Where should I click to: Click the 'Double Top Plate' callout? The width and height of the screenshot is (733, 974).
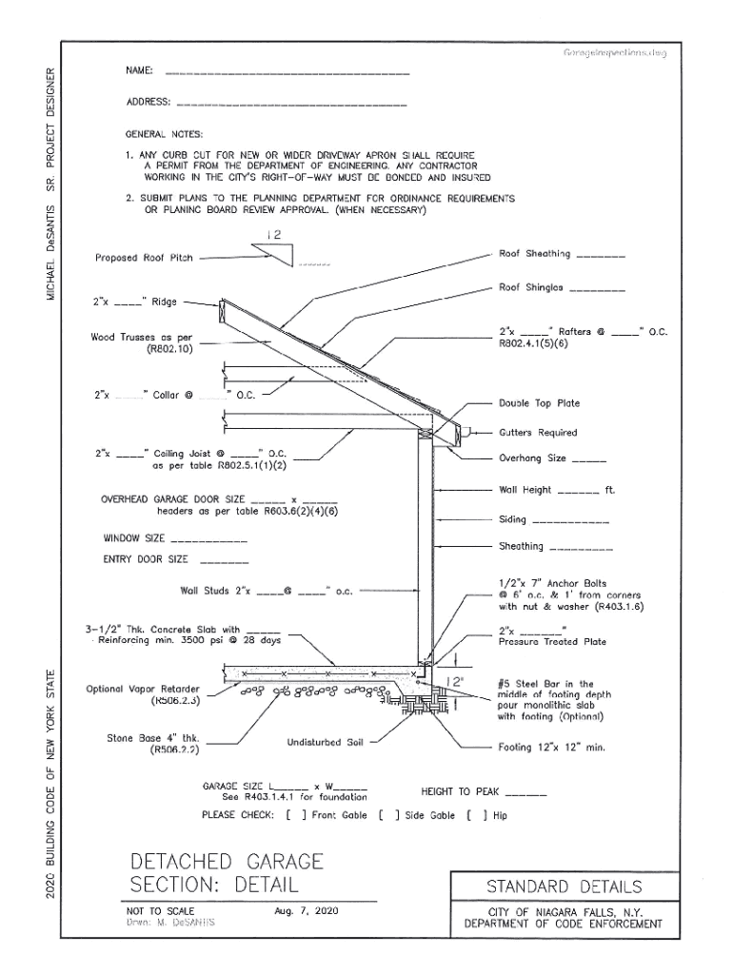click(539, 403)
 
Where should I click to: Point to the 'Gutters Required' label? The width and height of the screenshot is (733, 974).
click(538, 433)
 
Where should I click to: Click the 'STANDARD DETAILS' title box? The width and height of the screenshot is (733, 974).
click(564, 887)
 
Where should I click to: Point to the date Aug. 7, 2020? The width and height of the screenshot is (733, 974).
click(305, 911)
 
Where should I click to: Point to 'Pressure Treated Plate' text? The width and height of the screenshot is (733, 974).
click(552, 642)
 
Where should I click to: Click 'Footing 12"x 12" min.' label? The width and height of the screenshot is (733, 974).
click(552, 748)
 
